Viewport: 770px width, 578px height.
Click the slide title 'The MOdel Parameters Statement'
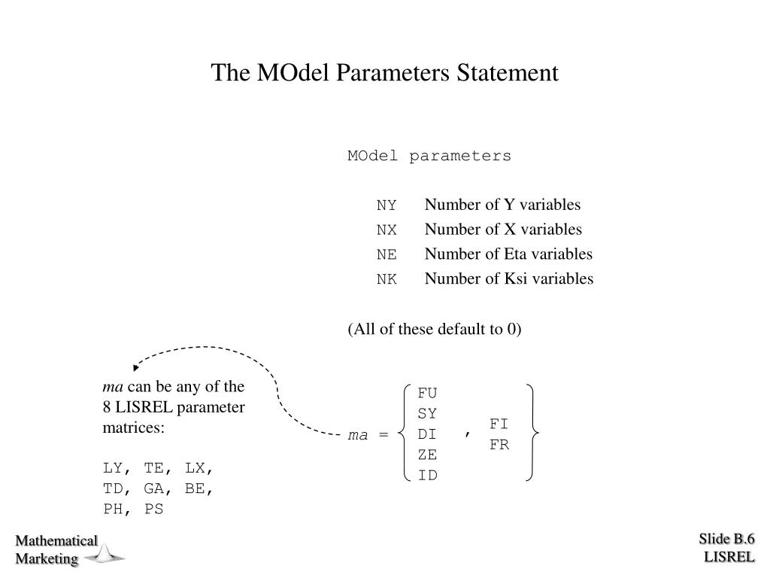[x=384, y=73]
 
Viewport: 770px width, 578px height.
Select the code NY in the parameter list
[x=387, y=205]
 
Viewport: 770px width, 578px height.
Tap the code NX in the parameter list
[x=387, y=230]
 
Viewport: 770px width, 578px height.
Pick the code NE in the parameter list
[x=387, y=255]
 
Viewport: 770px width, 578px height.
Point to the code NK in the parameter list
[x=387, y=280]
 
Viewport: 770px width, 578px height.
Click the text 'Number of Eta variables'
[x=508, y=254]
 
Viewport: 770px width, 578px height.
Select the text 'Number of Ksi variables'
[x=509, y=279]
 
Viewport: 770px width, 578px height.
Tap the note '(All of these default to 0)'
[x=435, y=330]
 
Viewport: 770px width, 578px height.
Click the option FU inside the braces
[x=427, y=393]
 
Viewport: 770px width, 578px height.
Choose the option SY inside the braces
[x=427, y=414]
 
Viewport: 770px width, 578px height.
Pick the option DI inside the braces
[x=427, y=434]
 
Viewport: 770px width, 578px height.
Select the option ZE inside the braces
[x=427, y=455]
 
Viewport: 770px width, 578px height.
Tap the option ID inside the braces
[x=427, y=476]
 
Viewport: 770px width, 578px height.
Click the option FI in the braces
[x=499, y=424]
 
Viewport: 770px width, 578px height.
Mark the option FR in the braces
[x=499, y=445]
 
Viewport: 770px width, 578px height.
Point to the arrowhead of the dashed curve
[x=136, y=367]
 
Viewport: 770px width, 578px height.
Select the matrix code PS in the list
[x=153, y=510]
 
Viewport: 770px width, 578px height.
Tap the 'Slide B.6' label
[x=726, y=539]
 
